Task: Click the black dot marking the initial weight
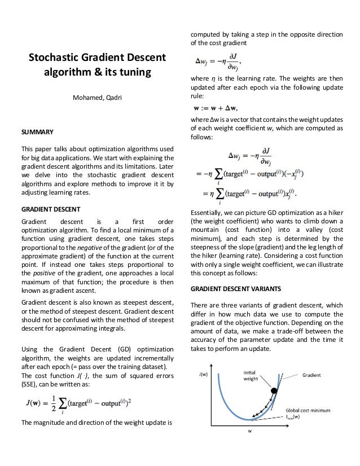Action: point(274,391)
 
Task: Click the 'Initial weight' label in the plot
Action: point(252,375)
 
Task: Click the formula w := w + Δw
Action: point(216,108)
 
